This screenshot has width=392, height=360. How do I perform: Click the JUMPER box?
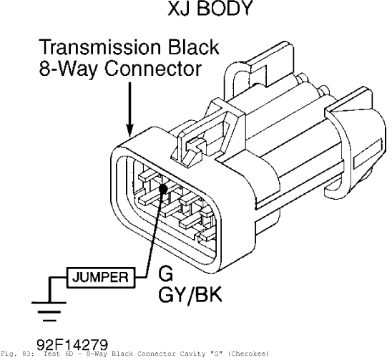click(x=101, y=277)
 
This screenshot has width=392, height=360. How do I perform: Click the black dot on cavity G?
click(x=163, y=188)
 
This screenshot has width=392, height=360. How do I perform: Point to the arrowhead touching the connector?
click(x=129, y=130)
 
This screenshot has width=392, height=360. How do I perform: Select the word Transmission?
click(x=100, y=47)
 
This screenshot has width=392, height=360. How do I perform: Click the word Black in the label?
click(x=194, y=47)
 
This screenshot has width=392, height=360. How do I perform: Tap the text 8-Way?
click(x=68, y=69)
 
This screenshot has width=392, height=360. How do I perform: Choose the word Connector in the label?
click(x=153, y=69)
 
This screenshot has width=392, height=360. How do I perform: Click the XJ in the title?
click(x=180, y=9)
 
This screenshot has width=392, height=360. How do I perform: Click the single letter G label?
click(x=165, y=273)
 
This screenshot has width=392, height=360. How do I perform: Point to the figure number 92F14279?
click(x=72, y=345)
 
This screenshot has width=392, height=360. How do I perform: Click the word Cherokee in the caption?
click(x=248, y=354)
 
